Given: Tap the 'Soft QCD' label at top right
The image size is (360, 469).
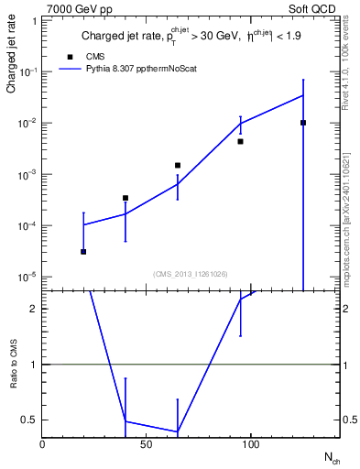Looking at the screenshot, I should (311, 9).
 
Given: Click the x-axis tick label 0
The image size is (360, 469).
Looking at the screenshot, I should (42, 444).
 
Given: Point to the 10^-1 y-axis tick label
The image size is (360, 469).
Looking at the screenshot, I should (28, 71).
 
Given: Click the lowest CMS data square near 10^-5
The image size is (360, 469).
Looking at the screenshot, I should (83, 251).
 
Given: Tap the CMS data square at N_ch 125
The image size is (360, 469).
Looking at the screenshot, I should (303, 123).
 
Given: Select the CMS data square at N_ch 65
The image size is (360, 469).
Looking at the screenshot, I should (178, 165).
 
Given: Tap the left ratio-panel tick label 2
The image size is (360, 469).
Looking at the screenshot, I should (33, 310).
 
